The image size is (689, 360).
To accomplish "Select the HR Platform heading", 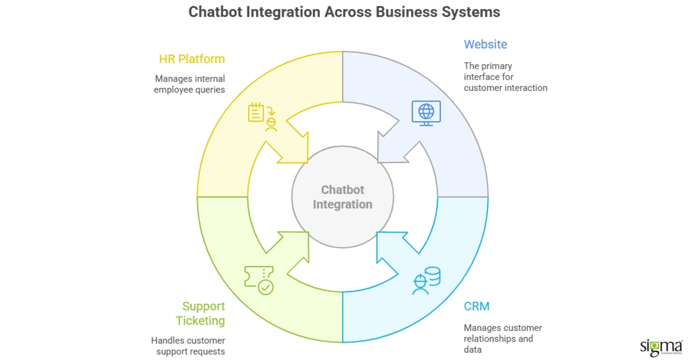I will point(192,59).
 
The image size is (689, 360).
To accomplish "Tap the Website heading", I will point(485,44).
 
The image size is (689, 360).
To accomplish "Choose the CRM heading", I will point(477,306).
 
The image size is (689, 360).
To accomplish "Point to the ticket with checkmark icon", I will point(259,280).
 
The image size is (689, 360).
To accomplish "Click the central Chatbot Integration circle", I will point(343,197).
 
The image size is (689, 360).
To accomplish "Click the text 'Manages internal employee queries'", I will point(189,84).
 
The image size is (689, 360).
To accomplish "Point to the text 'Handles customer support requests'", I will point(188,346).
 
